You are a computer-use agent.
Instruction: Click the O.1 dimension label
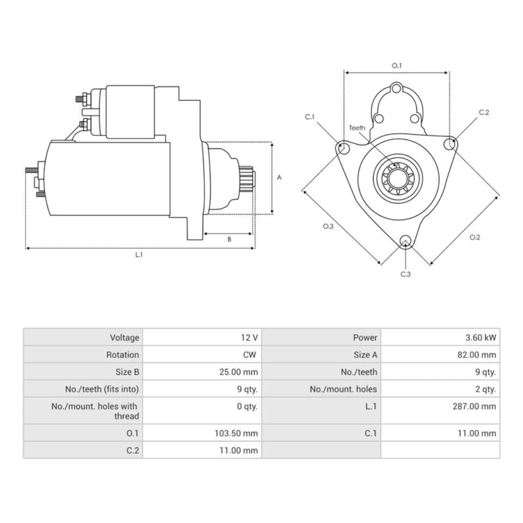coord(397,65)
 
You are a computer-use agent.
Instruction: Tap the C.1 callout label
coord(310,117)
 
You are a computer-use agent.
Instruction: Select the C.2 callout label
coord(484,112)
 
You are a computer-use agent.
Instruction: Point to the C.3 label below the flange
coord(405,274)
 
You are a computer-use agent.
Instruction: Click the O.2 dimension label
coord(475,237)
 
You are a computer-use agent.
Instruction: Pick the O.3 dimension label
coord(328,226)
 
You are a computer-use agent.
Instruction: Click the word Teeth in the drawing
coord(357,128)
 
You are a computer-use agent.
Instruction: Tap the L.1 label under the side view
coord(139,255)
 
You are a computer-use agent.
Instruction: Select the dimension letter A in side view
coord(279,177)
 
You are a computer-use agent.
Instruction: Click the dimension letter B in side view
coord(229,239)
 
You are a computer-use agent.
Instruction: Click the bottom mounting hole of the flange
coord(405,242)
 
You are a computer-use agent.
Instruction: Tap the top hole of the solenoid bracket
coord(397,89)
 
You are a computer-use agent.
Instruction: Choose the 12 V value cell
coord(250,338)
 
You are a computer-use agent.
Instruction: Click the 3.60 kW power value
coord(477,338)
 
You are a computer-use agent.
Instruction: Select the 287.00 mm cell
coord(474,406)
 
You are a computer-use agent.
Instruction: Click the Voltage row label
coord(124,338)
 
